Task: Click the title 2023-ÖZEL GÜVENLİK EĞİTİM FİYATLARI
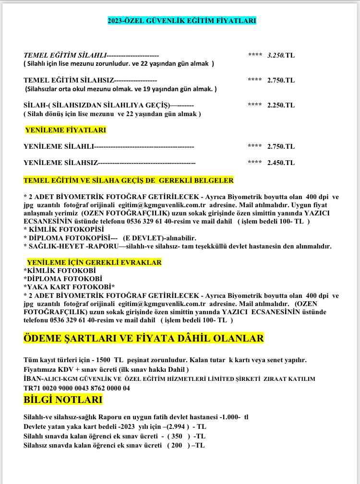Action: (x=182, y=21)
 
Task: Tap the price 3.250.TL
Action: (x=281, y=55)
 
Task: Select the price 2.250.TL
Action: (x=281, y=105)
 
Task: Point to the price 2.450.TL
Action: (x=281, y=163)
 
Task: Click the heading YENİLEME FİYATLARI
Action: (x=65, y=130)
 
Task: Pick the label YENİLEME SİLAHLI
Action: (x=59, y=146)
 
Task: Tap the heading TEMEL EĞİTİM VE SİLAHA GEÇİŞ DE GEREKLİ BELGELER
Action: (x=129, y=180)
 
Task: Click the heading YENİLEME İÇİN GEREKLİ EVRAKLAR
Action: (x=94, y=262)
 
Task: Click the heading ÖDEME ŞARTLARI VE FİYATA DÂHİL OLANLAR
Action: (x=144, y=338)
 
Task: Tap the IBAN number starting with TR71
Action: (x=77, y=388)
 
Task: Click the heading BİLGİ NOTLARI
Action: (x=63, y=400)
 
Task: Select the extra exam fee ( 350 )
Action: (x=178, y=436)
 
